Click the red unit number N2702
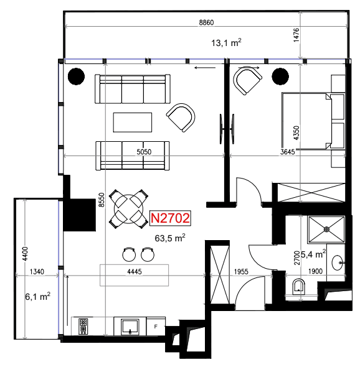170,218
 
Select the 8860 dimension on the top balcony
206,22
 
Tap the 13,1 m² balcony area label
226,43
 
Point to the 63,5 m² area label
170,238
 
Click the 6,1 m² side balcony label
38,297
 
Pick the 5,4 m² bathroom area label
313,254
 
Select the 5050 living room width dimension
144,152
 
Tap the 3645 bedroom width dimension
287,152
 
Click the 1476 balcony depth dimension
296,35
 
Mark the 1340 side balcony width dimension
37,271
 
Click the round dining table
129,209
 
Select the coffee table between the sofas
133,123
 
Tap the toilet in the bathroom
299,287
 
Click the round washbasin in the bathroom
338,262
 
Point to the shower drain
326,230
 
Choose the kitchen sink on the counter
130,327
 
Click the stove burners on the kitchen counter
83,327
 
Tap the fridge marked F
156,327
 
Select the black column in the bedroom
280,77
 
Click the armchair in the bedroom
247,80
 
